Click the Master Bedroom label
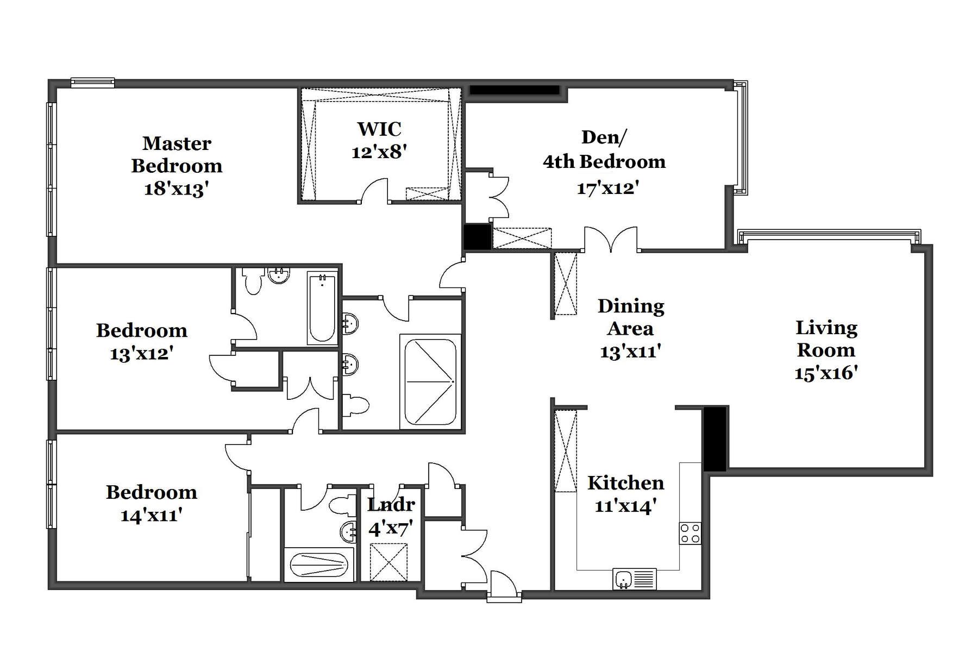coord(177,154)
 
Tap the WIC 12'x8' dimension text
coord(379,152)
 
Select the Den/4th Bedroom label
coord(604,149)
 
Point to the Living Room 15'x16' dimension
coord(826,373)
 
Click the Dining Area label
coord(630,317)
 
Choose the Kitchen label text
coord(625,483)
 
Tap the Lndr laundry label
coord(391,505)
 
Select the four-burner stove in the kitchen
coord(690,533)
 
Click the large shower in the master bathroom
coord(430,382)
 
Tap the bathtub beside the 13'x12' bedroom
coord(322,308)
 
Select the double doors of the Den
coord(611,240)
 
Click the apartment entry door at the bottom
coord(504,586)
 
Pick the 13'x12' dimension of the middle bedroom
coord(141,354)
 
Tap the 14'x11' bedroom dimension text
coord(151,515)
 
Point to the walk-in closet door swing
coord(375,191)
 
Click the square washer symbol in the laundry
coord(388,562)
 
